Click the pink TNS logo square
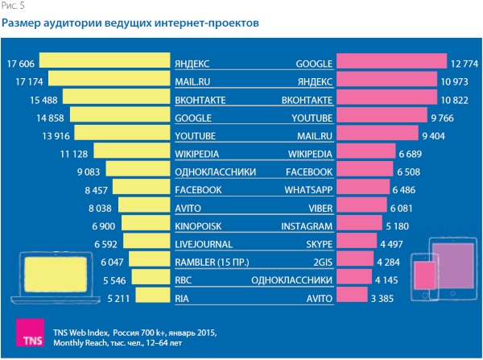tap(29, 335)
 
